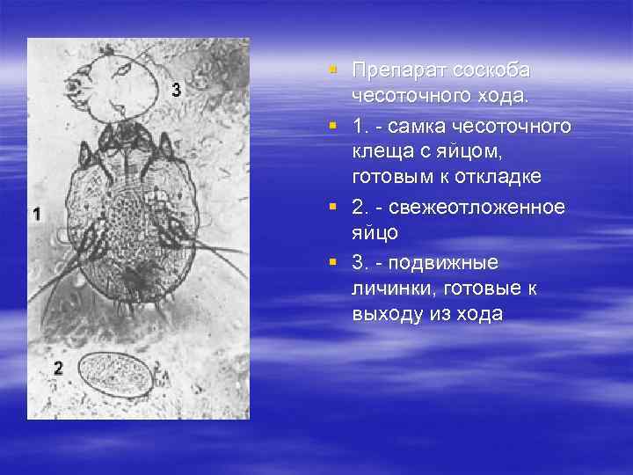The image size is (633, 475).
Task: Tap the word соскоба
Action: tap(489, 69)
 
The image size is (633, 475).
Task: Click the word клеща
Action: tap(380, 153)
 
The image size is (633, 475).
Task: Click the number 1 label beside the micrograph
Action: tap(36, 214)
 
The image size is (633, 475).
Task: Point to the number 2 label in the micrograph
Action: tap(59, 369)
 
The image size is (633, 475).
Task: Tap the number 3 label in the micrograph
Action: tap(177, 90)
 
